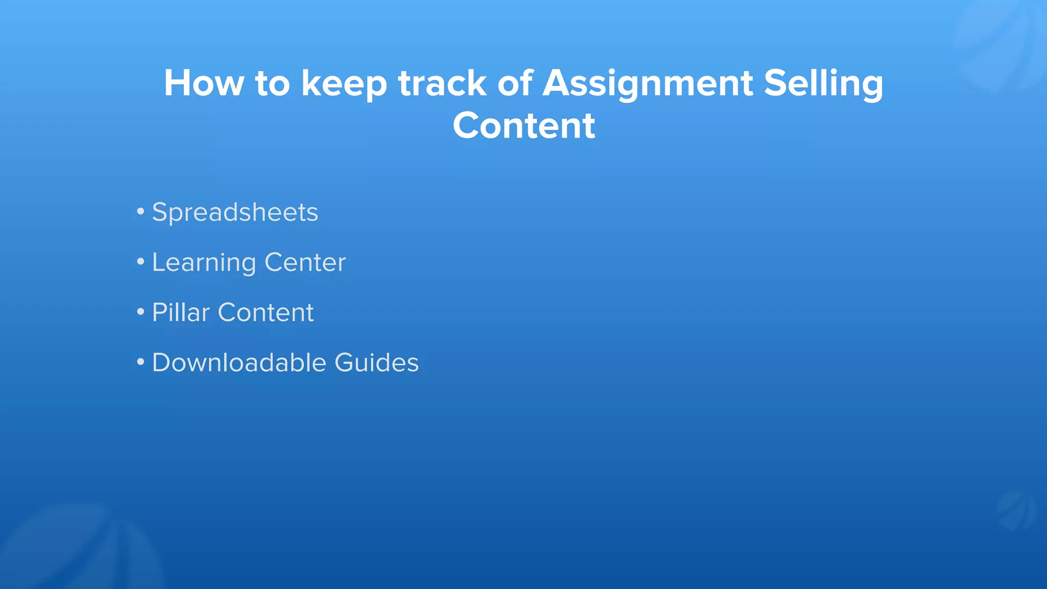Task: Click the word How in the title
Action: point(204,83)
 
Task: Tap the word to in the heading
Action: point(272,83)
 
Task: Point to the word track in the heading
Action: point(442,83)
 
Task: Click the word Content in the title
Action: point(524,125)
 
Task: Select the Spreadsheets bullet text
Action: point(235,213)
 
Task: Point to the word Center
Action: point(305,263)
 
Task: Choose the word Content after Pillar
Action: point(266,312)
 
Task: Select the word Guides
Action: point(377,363)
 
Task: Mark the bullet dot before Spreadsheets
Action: point(141,211)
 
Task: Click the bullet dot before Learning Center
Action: point(141,262)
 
